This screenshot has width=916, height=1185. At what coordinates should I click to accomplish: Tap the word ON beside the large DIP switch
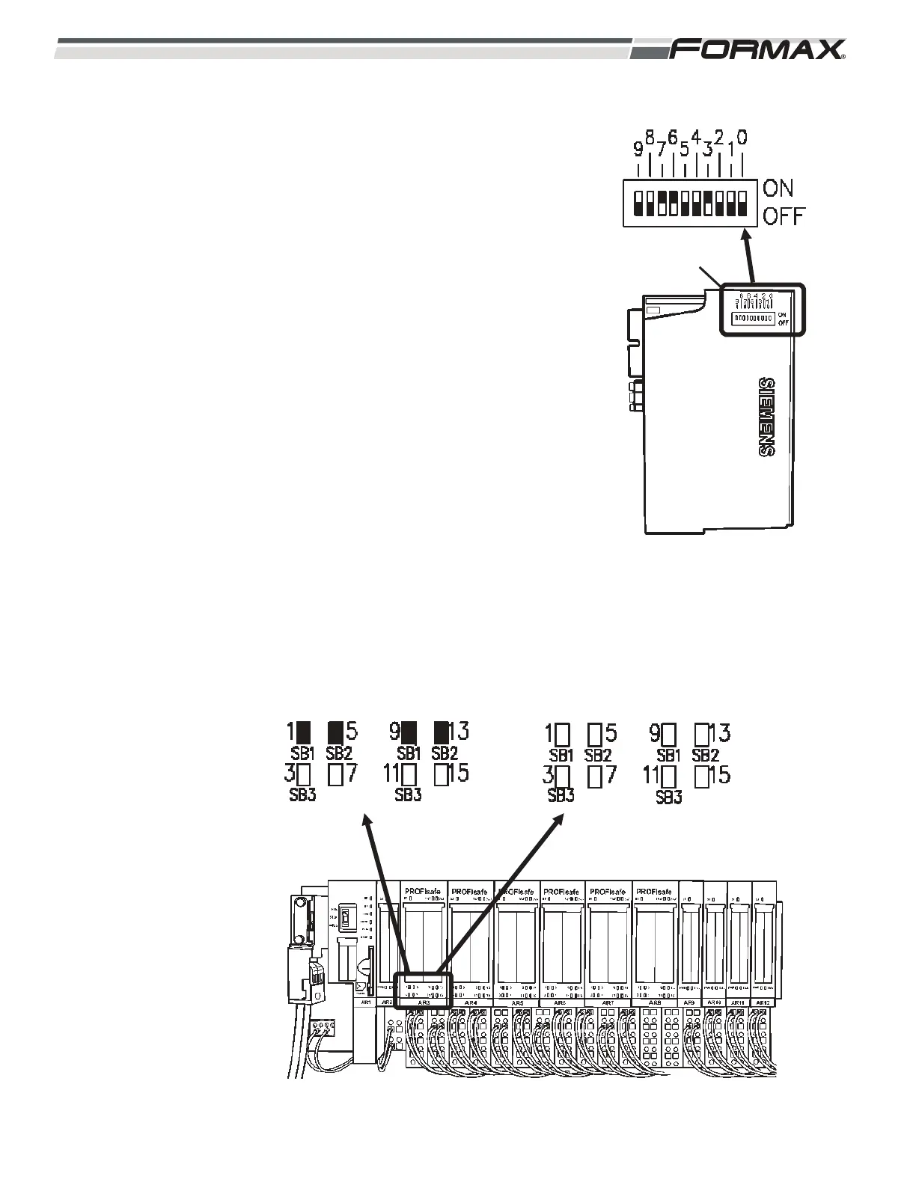click(x=778, y=189)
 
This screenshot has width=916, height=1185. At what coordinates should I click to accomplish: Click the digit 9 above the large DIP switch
click(x=638, y=150)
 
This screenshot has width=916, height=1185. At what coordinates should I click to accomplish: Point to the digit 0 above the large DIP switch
click(x=741, y=138)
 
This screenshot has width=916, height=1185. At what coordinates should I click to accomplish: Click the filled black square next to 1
click(x=303, y=731)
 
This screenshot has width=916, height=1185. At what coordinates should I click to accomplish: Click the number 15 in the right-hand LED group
click(x=719, y=775)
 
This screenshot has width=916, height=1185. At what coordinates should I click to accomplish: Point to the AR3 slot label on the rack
click(x=424, y=1002)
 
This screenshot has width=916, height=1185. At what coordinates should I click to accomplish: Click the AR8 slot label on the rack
click(x=655, y=1002)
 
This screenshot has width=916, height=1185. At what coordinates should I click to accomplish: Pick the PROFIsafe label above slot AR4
click(x=470, y=891)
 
